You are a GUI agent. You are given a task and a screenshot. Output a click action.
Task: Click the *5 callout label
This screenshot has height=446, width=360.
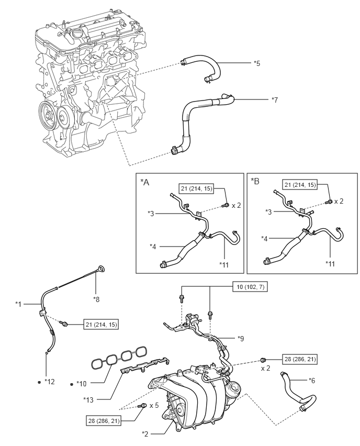tap(256, 63)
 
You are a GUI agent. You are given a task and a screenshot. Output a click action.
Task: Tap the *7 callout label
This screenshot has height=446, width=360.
tap(275, 99)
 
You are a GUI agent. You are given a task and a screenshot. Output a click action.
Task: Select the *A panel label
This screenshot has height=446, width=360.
tap(145, 182)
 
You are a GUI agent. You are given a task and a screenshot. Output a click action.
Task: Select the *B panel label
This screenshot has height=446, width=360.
tap(255, 182)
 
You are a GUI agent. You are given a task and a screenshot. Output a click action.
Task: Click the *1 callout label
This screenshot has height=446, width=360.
tap(19, 304)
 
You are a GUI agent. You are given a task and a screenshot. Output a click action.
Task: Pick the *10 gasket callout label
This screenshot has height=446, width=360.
tap(81, 384)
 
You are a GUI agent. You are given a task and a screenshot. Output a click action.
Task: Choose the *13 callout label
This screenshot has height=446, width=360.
tap(88, 399)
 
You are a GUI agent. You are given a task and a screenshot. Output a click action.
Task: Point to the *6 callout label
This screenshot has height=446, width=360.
tap(312, 380)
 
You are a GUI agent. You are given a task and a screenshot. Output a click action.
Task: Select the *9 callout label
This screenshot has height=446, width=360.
tap(241, 338)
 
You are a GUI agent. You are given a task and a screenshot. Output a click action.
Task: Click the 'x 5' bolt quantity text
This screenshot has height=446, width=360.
tap(155, 406)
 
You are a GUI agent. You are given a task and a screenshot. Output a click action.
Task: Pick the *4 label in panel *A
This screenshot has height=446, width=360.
tap(153, 246)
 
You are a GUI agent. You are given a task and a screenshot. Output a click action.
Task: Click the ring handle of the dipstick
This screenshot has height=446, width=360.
tap(103, 269)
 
